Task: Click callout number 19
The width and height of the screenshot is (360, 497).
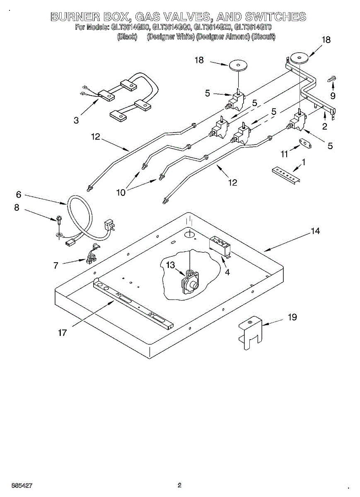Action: pyautogui.click(x=292, y=317)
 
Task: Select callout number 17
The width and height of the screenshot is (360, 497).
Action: pyautogui.click(x=62, y=333)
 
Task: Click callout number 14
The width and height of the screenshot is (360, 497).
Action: pyautogui.click(x=316, y=231)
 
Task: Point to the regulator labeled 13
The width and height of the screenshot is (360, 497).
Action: pyautogui.click(x=190, y=283)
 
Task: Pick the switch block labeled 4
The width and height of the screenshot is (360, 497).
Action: pyautogui.click(x=221, y=245)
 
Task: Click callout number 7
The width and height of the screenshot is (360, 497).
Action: pyautogui.click(x=56, y=265)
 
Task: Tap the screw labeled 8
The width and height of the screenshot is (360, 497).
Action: pyautogui.click(x=59, y=219)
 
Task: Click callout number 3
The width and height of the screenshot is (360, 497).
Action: pyautogui.click(x=76, y=121)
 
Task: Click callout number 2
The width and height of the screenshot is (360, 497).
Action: pyautogui.click(x=324, y=126)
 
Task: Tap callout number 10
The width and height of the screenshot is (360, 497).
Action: pyautogui.click(x=121, y=192)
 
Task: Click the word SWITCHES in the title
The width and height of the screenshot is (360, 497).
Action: pyautogui.click(x=275, y=17)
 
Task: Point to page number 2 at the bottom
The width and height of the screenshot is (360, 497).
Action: pyautogui.click(x=179, y=485)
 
